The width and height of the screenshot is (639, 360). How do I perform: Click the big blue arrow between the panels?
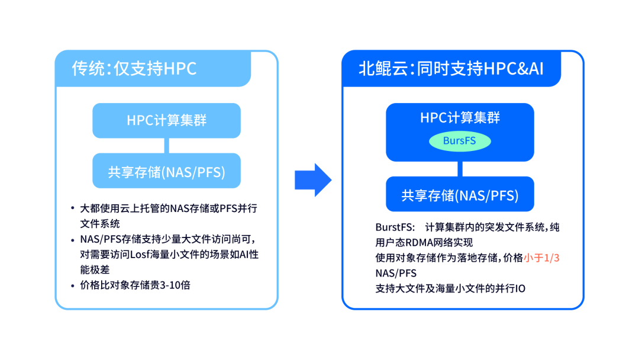312,179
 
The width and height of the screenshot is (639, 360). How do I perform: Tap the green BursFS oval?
459,141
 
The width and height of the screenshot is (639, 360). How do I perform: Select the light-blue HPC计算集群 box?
166,120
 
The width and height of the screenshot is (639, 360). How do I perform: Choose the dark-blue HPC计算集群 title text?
460,117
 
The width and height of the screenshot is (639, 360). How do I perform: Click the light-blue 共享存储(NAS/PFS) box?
166,171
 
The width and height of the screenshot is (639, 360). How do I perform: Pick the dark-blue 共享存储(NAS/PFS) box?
460,195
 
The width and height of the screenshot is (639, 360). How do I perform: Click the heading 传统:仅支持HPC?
134,69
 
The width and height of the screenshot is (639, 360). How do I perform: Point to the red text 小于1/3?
544,258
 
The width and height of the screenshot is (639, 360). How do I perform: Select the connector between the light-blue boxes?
166,146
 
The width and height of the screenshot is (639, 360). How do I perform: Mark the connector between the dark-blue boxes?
460,169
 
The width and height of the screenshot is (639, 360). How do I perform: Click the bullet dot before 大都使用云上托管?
72,208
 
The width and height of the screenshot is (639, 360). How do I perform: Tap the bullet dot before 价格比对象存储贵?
72,285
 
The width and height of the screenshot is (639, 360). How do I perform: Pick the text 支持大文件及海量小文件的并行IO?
450,288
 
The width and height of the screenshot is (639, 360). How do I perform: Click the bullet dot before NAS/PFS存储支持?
72,239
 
